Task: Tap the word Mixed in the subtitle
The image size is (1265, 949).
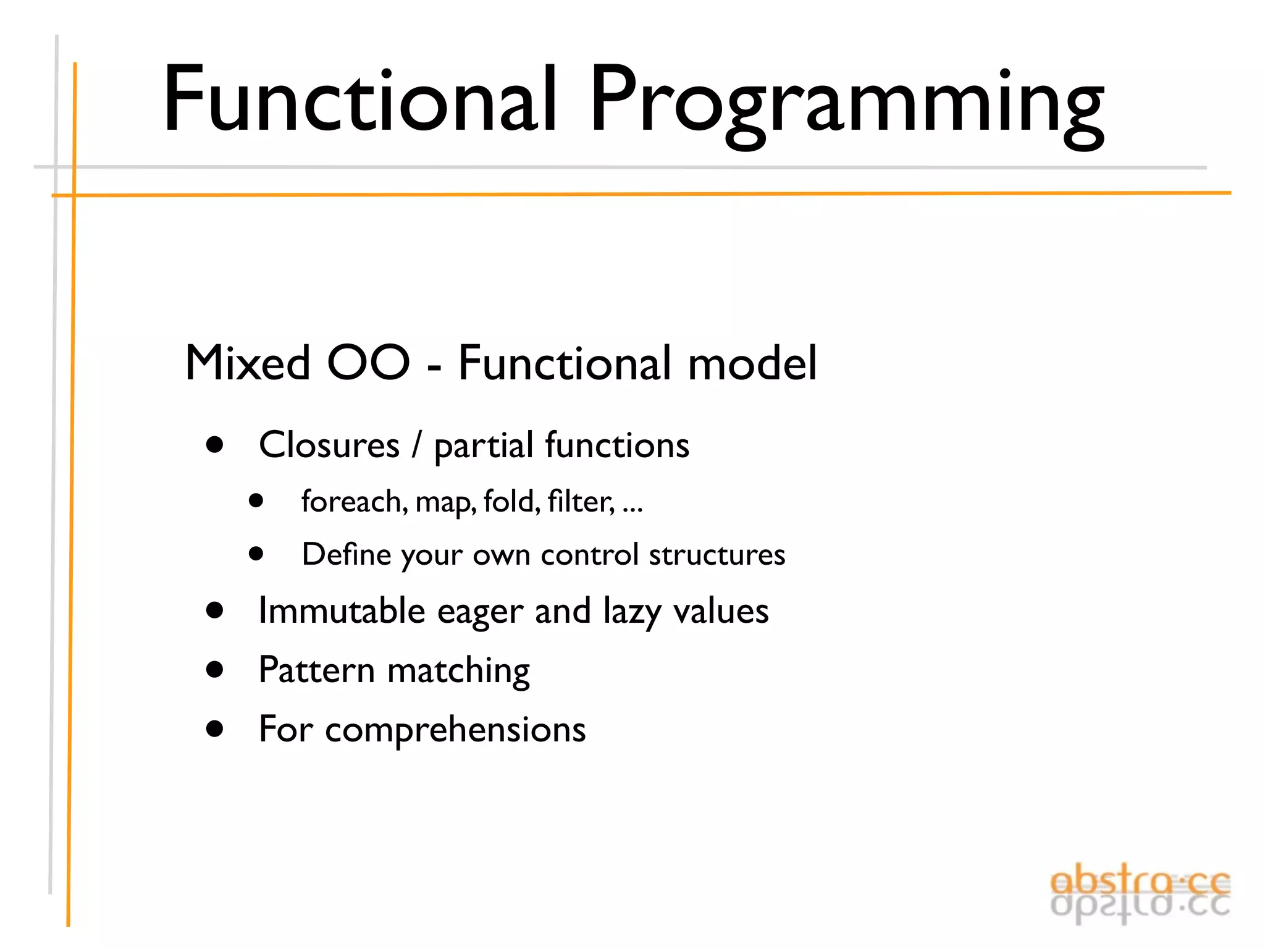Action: coord(247,363)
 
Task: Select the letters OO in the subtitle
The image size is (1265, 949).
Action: coord(368,363)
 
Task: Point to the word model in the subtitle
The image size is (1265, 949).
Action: coord(752,363)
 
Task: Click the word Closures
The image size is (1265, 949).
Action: coord(329,445)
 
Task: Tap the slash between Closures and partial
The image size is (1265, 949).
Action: coord(417,445)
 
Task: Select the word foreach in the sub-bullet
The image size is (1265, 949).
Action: coord(353,501)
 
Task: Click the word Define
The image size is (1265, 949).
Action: coord(346,554)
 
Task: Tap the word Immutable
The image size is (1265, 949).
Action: coord(342,610)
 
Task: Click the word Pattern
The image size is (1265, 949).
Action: coord(316,670)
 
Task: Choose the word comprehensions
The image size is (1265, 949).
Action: coord(455,730)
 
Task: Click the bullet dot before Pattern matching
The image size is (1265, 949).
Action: coord(215,669)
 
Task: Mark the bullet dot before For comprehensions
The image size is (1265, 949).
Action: coord(215,728)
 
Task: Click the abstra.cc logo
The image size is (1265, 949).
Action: coord(1140,893)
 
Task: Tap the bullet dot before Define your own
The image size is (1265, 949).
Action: coord(256,554)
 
